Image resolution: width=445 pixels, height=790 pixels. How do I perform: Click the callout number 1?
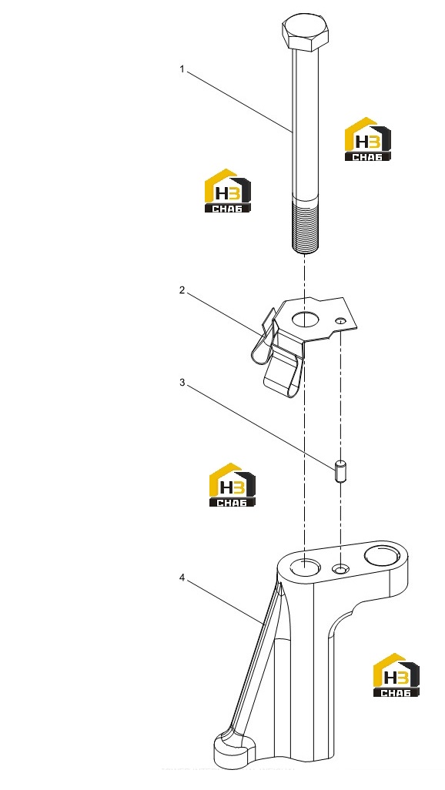coord(182,69)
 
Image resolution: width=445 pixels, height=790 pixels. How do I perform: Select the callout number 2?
coord(182,290)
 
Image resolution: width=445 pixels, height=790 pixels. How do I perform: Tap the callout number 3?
coord(182,383)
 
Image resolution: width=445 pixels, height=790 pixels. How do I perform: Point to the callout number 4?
coord(182,577)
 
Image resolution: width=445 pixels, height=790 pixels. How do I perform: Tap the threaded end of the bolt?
coord(305,226)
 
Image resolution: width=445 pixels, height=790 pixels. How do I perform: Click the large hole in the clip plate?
coord(305,320)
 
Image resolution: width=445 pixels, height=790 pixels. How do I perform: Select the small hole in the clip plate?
coord(341,321)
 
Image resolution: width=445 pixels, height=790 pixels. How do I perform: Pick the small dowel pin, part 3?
coord(341,470)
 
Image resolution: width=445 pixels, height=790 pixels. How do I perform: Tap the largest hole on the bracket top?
coord(381,555)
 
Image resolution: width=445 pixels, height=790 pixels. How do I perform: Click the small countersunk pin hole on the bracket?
coord(341,569)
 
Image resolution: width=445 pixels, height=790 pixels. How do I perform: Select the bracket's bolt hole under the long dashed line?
coord(306,567)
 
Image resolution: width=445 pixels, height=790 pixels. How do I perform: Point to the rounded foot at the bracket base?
coord(232,751)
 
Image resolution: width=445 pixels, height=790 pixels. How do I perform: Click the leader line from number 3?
coord(260,427)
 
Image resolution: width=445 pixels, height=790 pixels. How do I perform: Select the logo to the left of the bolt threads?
coord(227,190)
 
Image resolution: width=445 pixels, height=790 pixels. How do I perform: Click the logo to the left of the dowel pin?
coord(233,484)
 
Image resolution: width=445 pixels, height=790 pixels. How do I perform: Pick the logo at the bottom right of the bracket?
coord(396,675)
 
